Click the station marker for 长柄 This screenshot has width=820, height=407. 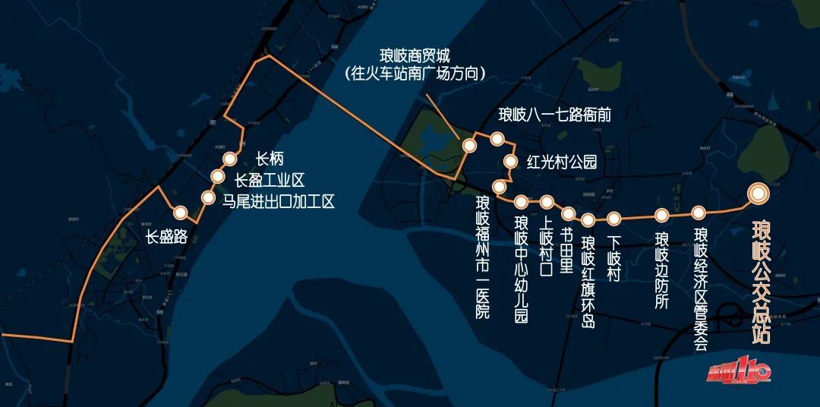pyautogui.click(x=229, y=159)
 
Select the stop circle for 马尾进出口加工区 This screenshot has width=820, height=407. pyautogui.click(x=208, y=197)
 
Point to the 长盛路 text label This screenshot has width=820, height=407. pyautogui.click(x=167, y=237)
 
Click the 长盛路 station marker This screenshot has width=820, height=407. pyautogui.click(x=180, y=213)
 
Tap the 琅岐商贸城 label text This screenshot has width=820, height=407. pyautogui.click(x=415, y=56)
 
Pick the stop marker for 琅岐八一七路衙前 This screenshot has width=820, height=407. pyautogui.click(x=497, y=138)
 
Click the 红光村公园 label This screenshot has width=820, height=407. pyautogui.click(x=562, y=162)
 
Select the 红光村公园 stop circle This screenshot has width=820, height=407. pyautogui.click(x=510, y=160)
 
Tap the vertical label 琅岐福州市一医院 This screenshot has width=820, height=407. pyautogui.click(x=483, y=257)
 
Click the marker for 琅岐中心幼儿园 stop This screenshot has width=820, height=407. pyautogui.click(x=522, y=202)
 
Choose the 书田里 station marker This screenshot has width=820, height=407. pyautogui.click(x=568, y=213)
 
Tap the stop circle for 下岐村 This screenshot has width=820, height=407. pyautogui.click(x=613, y=219)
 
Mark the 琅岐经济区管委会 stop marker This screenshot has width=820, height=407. pyautogui.click(x=699, y=213)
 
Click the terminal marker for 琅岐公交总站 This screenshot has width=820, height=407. pyautogui.click(x=757, y=194)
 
